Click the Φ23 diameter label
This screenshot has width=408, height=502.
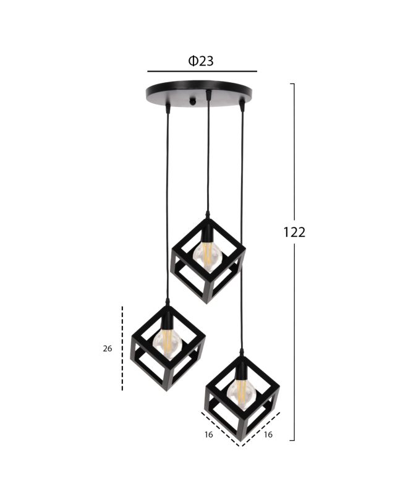[201, 61]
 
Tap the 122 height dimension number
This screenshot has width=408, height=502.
[294, 232]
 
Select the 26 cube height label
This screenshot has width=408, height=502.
[108, 349]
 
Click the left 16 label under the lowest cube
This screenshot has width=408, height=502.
[208, 435]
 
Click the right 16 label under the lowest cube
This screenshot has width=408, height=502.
[268, 435]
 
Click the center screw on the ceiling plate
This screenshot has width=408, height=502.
[192, 102]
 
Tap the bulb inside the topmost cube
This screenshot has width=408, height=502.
[207, 257]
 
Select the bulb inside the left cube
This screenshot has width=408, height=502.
[167, 344]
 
